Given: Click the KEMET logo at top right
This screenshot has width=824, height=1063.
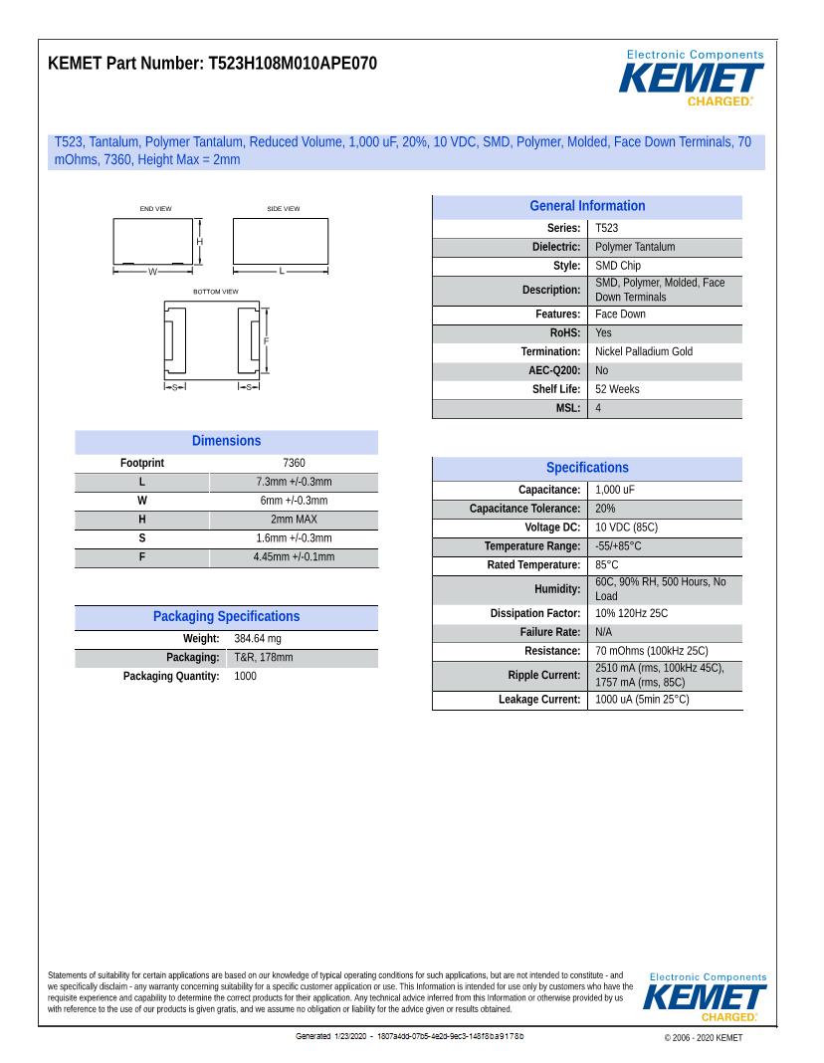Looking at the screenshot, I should (694, 78).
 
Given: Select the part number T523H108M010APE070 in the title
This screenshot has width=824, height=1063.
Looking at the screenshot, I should (293, 64).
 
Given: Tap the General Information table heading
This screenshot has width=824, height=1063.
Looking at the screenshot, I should (587, 206).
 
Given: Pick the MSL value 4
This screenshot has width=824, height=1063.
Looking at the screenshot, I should (598, 408).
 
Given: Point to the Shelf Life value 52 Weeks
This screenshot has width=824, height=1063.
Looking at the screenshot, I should (617, 389).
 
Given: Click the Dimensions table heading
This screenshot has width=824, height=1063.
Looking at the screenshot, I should (226, 441).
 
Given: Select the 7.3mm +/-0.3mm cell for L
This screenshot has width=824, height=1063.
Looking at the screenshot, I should (294, 482).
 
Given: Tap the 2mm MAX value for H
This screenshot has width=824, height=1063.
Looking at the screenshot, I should (294, 520).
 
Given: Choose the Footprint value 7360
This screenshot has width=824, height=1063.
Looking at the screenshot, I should (294, 463).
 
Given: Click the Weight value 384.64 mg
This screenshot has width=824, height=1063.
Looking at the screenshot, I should (258, 638).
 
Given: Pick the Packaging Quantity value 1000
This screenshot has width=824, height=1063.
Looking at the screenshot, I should (245, 676).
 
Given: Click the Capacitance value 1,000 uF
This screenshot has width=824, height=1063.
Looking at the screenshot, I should (615, 490).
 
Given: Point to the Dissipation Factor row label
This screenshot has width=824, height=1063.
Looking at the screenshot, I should (534, 613).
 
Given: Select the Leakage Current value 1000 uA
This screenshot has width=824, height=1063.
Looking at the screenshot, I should (641, 700).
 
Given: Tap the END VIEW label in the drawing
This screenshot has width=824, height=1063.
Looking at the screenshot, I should (155, 209).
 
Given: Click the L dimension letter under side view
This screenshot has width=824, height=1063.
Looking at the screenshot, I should (281, 271).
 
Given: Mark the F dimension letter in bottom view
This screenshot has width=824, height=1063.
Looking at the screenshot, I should (266, 341).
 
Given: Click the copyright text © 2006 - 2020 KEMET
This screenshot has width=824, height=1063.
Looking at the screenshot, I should (703, 1038).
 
